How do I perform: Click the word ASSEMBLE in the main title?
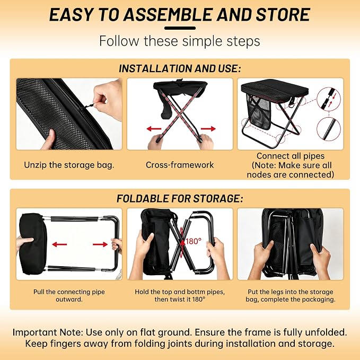click(169, 15)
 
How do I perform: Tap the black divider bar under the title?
click(180, 28)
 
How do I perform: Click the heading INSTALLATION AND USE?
click(180, 68)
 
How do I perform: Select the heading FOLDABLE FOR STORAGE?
click(180, 198)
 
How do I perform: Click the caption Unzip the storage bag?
click(69, 165)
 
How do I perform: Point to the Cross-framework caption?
click(180, 165)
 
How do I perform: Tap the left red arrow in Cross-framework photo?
click(154, 128)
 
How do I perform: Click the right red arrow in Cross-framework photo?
click(208, 128)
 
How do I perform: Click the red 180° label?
click(194, 241)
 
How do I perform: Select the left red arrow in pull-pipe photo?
click(59, 244)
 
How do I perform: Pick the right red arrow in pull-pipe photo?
click(100, 244)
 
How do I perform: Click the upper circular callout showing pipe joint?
click(329, 99)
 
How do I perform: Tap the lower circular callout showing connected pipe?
click(329, 129)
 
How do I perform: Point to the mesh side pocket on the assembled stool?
click(258, 112)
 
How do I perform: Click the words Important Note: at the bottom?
click(48, 332)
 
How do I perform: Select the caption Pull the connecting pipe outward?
click(69, 295)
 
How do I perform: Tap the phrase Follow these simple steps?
click(180, 41)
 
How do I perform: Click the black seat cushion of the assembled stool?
click(275, 90)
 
